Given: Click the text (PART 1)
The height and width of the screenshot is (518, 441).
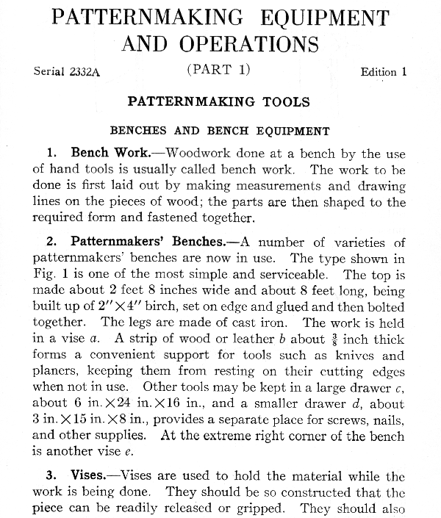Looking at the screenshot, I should pyautogui.click(x=219, y=70).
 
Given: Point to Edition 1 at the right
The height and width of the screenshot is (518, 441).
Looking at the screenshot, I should pyautogui.click(x=383, y=72).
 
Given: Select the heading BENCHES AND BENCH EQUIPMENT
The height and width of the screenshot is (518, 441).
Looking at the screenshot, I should pyautogui.click(x=220, y=132).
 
